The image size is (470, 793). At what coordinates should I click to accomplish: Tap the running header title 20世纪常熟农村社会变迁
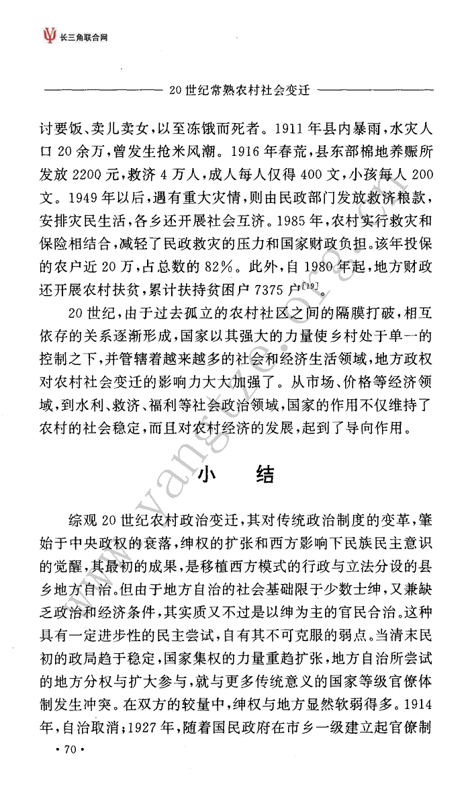244,88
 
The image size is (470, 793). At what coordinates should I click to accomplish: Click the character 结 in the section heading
264,475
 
